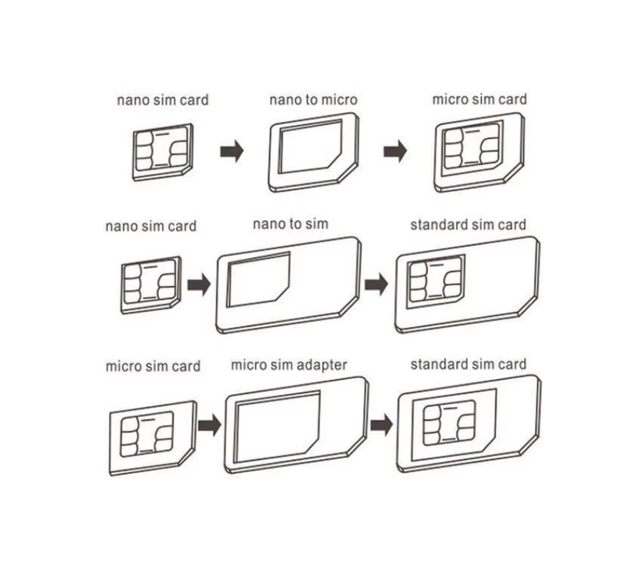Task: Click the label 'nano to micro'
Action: click(313, 100)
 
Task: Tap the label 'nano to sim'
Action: click(291, 224)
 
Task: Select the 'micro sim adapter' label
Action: click(289, 365)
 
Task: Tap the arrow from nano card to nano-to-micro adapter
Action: click(232, 151)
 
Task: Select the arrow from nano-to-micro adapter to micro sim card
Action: click(395, 151)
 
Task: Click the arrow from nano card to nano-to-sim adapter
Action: click(199, 284)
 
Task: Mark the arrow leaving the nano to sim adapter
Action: click(376, 284)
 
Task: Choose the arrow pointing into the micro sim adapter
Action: click(210, 425)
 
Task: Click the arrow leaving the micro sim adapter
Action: click(382, 425)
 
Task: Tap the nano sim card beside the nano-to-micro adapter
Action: click(163, 152)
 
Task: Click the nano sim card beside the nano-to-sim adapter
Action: click(151, 285)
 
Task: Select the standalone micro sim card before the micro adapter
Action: click(153, 438)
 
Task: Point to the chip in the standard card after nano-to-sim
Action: click(436, 281)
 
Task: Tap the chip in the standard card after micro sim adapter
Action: click(449, 423)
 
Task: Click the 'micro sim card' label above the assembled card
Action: click(479, 99)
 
